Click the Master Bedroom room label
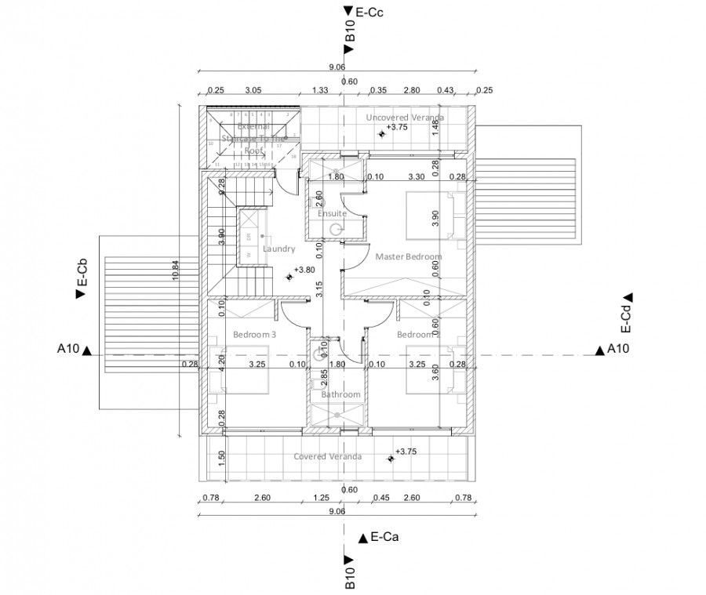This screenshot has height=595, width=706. tap(408, 256)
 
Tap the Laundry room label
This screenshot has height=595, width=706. tap(278, 249)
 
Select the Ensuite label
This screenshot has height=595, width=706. tap(332, 213)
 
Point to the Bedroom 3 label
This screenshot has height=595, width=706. tap(255, 335)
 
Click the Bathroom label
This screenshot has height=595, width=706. tap(340, 394)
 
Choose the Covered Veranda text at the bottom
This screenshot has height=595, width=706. tap(327, 456)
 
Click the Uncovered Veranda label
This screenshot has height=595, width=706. tap(405, 118)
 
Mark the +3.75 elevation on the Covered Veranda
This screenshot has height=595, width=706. tap(406, 452)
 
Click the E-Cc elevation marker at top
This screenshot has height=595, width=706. tap(368, 12)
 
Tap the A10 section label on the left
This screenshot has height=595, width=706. tap(69, 350)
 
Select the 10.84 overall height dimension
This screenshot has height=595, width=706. tap(176, 269)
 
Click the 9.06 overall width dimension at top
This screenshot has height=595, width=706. tap(337, 67)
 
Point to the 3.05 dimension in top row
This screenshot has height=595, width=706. tap(253, 91)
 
